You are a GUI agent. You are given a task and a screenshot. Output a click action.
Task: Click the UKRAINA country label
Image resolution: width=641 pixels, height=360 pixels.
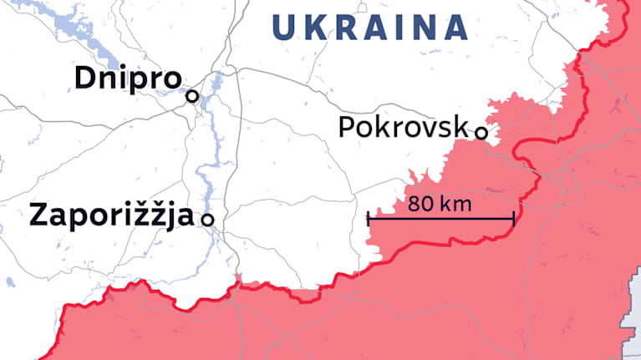coord(369,28)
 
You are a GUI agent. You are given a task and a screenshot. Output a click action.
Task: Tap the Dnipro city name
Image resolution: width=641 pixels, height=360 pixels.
coord(127,79)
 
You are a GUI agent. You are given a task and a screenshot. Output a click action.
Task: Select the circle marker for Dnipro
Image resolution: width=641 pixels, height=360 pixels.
coord(192,96)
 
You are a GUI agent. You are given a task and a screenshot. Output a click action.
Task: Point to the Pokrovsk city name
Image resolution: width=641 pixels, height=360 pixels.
coord(403,127)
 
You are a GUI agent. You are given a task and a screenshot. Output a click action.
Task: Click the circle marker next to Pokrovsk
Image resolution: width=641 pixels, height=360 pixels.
coord(481,132)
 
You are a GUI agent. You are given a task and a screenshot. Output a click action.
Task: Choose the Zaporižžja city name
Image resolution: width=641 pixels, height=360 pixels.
coord(111,215)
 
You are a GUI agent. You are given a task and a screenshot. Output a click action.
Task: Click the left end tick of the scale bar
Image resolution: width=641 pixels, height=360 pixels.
coord(369,220)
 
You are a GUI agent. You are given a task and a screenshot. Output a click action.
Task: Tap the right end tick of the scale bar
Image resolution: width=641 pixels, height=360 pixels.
coord(513,220)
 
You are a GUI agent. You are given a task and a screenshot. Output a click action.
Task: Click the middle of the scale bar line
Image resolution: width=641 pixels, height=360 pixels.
coord(440,220)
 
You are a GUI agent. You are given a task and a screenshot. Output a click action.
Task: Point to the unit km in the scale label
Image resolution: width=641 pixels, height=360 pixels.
coord(457,203)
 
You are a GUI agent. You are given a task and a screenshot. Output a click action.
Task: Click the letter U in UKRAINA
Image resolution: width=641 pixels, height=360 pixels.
coord(285,28)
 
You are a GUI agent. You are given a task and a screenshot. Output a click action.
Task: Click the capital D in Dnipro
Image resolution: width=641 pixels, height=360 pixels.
coord(84,79)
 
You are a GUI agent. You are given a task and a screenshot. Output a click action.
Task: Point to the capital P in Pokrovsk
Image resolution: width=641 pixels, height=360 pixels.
coord(347,127)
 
